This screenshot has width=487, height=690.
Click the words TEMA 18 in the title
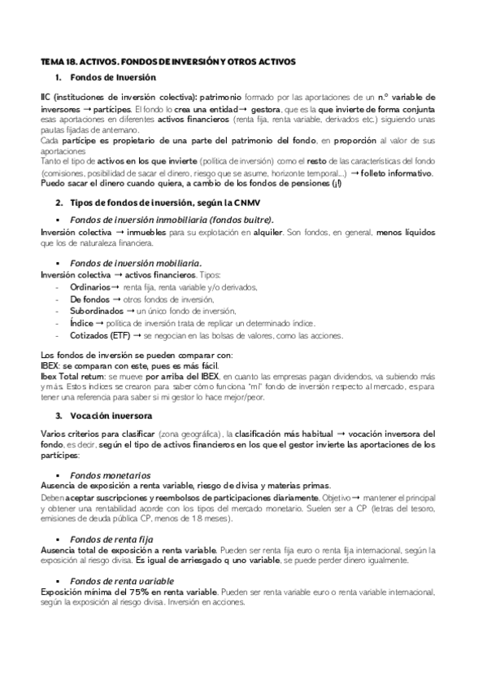(x=58, y=62)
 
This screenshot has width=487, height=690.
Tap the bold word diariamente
(x=291, y=497)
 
